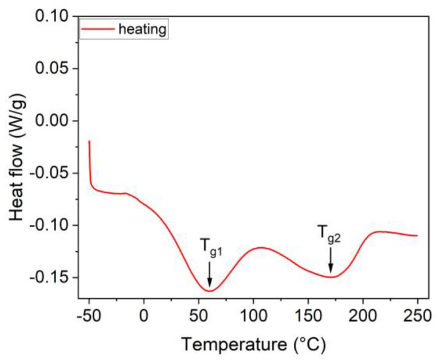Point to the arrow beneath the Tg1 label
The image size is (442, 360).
[x=210, y=273]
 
